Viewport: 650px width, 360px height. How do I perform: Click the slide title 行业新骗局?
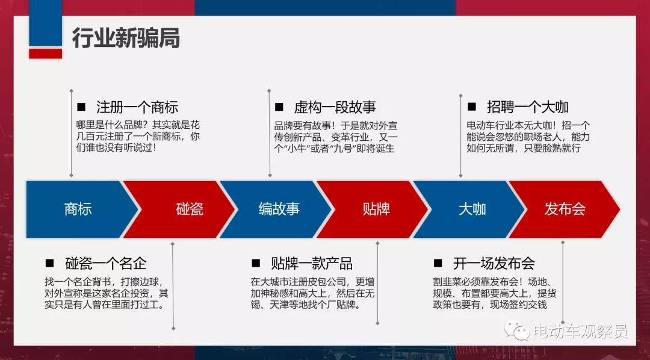point(126,38)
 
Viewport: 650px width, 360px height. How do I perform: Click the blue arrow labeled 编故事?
point(276,209)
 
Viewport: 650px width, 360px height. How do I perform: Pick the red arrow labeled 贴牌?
point(373,209)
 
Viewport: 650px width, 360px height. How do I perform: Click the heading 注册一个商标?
point(137,107)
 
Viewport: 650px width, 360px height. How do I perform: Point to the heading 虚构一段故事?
point(335,107)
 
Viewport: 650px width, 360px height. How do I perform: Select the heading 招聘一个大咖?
point(528,107)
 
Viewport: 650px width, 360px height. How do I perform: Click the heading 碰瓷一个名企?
point(106,263)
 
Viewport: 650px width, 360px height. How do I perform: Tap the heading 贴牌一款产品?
point(312,263)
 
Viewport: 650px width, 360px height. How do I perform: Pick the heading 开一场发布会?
point(494,263)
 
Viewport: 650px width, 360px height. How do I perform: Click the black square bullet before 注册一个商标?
point(81,107)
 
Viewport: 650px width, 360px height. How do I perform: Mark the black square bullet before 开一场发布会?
point(438,263)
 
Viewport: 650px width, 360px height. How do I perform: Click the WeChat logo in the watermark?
point(516,330)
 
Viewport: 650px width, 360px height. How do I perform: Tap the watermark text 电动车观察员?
point(580,331)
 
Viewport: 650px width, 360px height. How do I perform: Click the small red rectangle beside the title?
point(46,54)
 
